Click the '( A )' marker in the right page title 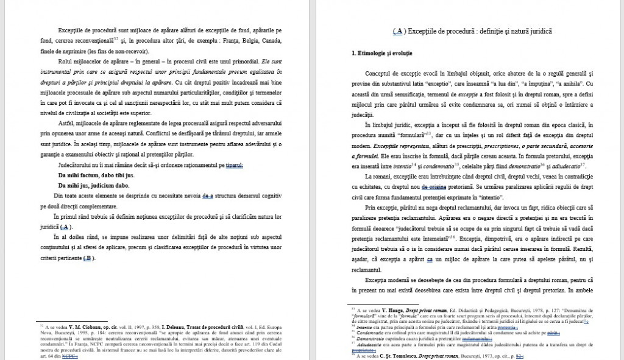(399, 30)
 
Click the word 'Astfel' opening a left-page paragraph (66, 123)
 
